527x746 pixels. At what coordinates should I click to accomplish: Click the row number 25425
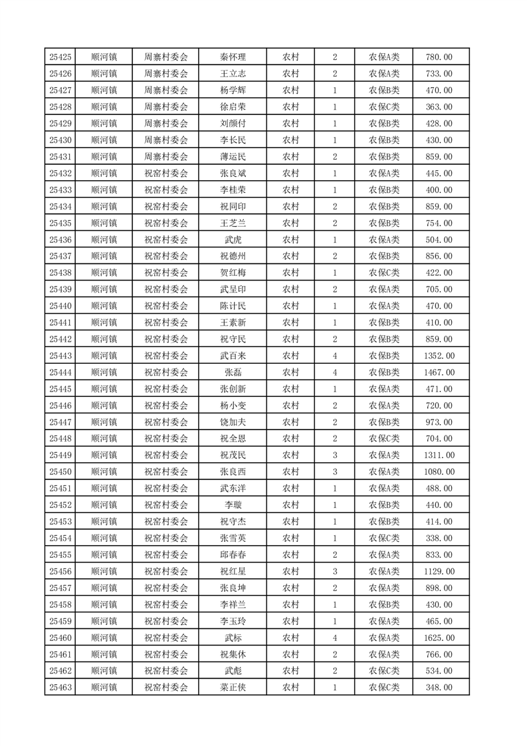60,57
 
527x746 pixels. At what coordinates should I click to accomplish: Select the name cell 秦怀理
233,57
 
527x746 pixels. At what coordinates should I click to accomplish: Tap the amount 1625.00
439,638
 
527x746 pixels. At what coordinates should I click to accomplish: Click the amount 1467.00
439,372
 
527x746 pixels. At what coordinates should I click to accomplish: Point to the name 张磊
233,372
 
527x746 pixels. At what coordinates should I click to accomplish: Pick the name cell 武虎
233,240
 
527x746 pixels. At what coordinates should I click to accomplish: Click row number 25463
60,687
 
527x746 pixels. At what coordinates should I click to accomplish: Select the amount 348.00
439,687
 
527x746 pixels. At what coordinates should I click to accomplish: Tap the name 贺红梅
233,273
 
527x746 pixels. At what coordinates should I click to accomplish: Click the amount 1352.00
439,356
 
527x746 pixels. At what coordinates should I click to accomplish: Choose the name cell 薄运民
233,157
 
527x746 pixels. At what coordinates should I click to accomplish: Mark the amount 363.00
439,107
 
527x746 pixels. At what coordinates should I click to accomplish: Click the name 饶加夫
233,422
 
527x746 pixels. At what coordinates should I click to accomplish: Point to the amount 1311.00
439,455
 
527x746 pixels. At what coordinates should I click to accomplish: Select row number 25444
60,372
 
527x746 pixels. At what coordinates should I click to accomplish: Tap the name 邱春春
233,555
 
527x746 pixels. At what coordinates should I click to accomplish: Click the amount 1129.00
439,571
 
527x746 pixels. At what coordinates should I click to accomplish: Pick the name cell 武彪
233,671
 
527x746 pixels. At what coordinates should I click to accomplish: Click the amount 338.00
439,538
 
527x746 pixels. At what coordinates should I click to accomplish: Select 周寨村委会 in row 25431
166,157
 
